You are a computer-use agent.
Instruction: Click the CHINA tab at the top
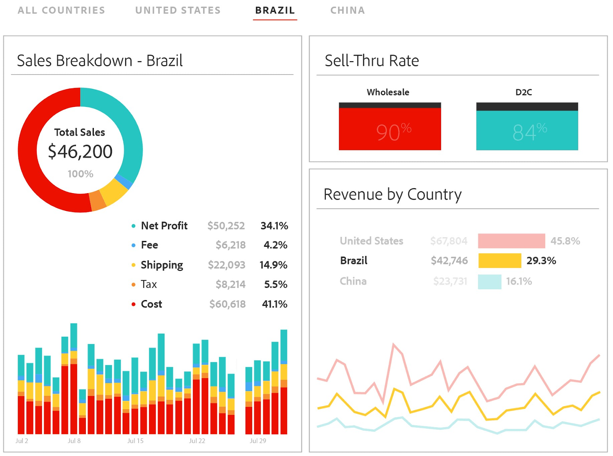347,10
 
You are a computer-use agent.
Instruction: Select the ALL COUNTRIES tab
61,10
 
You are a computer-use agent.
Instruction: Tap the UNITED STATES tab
178,10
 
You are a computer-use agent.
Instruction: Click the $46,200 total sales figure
80,152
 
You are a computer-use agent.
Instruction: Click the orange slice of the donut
97,200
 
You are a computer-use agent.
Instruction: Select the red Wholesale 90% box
390,128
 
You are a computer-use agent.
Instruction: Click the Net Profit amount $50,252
226,226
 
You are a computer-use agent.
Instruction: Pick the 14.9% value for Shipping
273,265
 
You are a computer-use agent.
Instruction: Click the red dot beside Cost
133,304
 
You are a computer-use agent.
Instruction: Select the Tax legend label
149,284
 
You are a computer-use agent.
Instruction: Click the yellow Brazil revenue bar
500,261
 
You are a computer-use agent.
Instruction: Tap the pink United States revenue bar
511,241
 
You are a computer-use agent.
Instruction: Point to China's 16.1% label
519,281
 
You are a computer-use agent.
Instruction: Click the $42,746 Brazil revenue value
449,261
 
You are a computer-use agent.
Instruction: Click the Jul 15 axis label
135,441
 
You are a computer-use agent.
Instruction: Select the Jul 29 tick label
258,441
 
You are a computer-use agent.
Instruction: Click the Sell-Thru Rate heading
372,61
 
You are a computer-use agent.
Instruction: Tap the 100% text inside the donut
80,174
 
